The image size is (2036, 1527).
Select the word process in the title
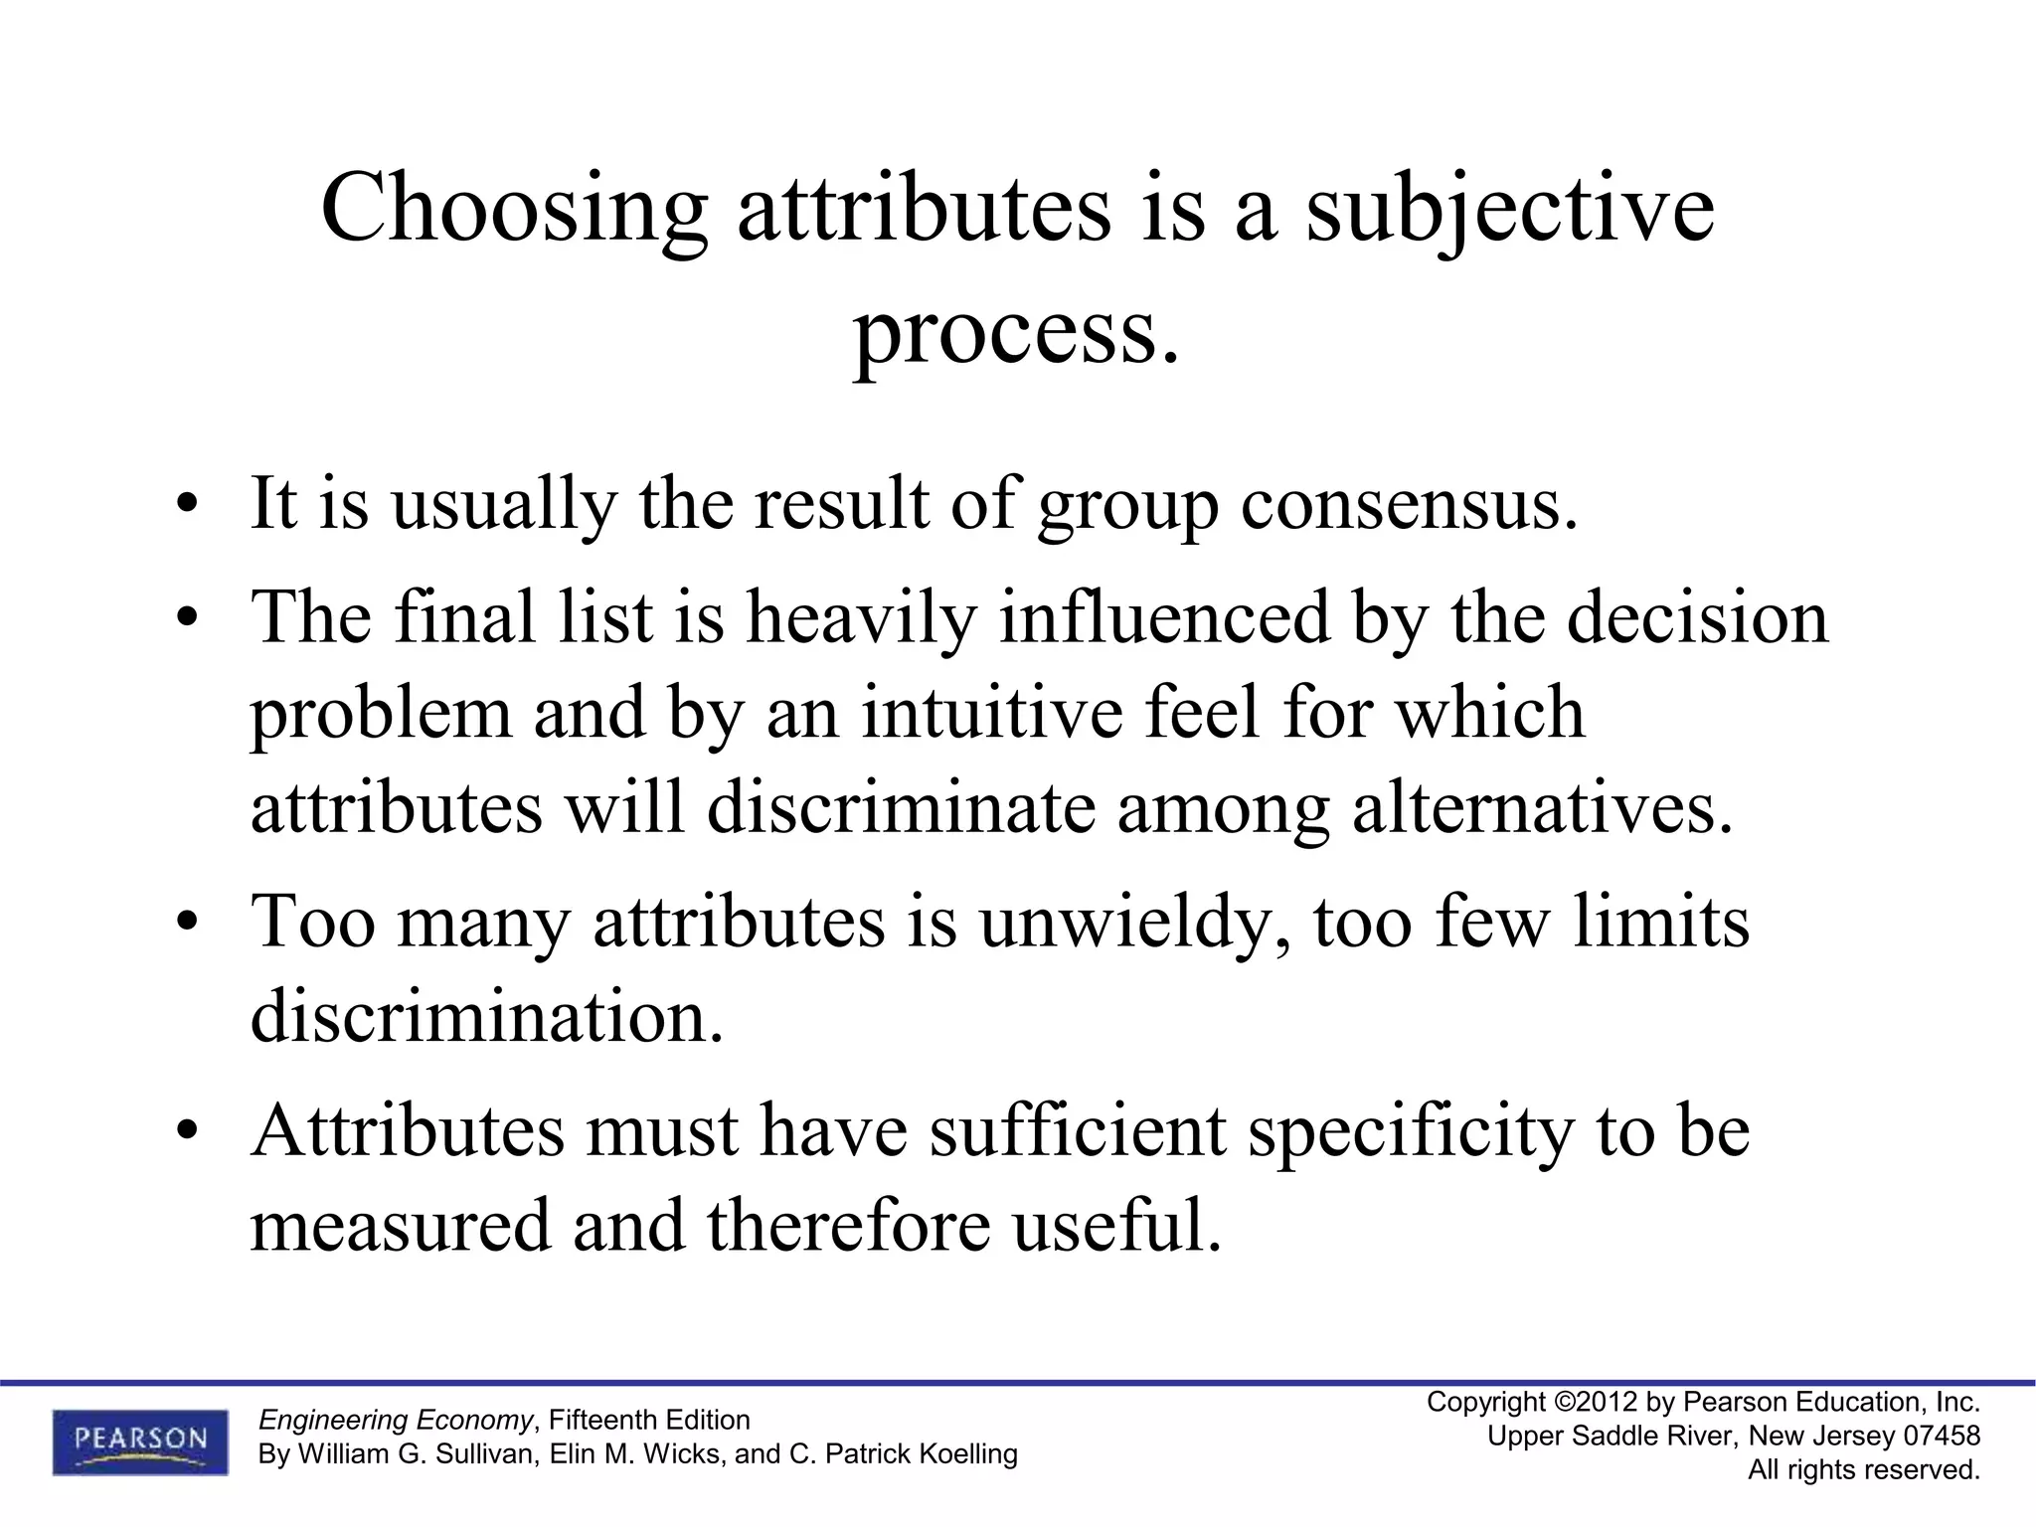[x=1006, y=330]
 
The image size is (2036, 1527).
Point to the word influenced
[x=1164, y=617]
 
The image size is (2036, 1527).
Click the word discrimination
[x=486, y=1016]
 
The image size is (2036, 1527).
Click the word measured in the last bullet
[x=400, y=1225]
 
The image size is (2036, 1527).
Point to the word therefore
[x=849, y=1225]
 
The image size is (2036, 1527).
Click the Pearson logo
[x=140, y=1442]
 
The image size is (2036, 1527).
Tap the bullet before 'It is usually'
[x=184, y=505]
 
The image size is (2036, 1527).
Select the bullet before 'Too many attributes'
[x=184, y=923]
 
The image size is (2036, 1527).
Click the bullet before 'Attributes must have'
[x=184, y=1131]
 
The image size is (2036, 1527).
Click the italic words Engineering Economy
[x=396, y=1420]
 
